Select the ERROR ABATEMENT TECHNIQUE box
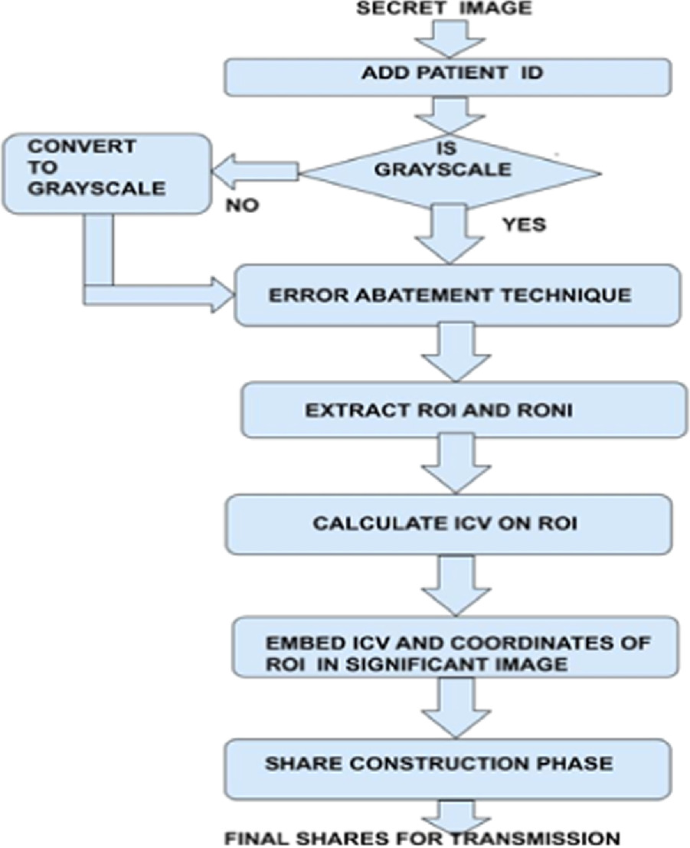tap(457, 295)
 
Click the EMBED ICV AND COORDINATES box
tap(457, 652)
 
